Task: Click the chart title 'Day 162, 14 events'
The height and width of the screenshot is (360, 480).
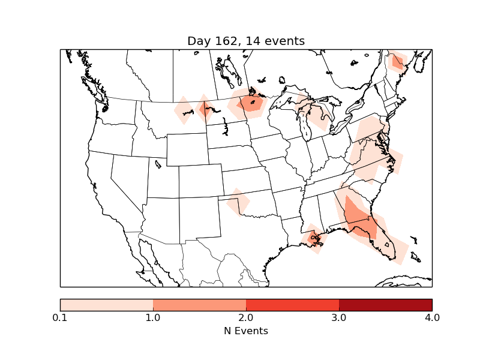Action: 246,41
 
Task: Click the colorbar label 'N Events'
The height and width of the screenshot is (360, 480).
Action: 246,331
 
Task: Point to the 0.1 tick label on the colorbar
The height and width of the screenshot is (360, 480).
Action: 60,317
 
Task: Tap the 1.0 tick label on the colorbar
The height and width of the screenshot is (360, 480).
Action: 153,317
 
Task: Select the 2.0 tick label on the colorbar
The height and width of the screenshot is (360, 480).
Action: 246,317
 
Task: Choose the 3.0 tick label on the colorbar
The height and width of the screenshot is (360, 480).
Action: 339,317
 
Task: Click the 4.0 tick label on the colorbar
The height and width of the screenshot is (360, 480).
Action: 432,317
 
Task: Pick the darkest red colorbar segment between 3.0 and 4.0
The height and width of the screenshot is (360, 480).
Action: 385,305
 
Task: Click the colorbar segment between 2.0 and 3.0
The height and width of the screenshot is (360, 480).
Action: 292,305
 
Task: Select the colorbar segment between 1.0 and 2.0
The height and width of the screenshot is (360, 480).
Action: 199,305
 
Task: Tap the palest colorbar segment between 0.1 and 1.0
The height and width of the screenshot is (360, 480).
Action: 106,305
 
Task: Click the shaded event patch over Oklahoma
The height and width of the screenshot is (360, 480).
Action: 238,202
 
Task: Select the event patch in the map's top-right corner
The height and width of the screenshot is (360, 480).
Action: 397,61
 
